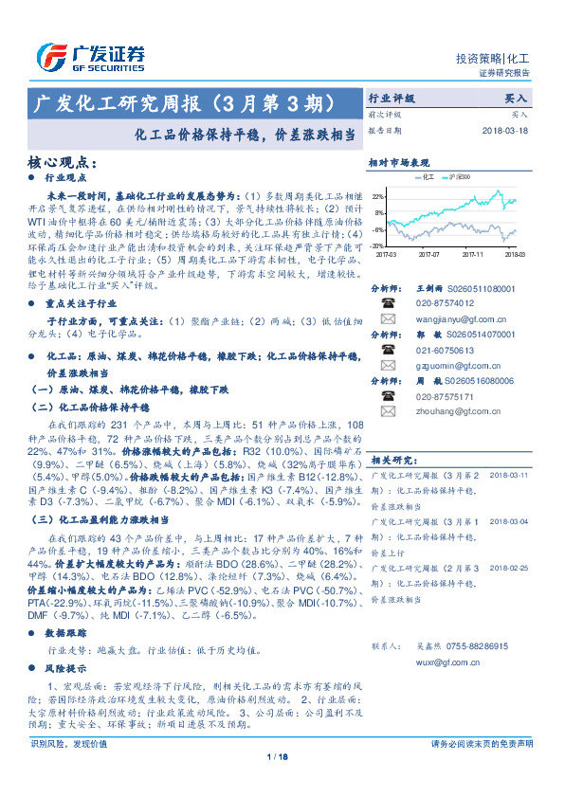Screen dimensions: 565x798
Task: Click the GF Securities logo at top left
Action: tap(91, 55)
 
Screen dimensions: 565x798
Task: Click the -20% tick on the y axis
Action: tap(378, 245)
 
